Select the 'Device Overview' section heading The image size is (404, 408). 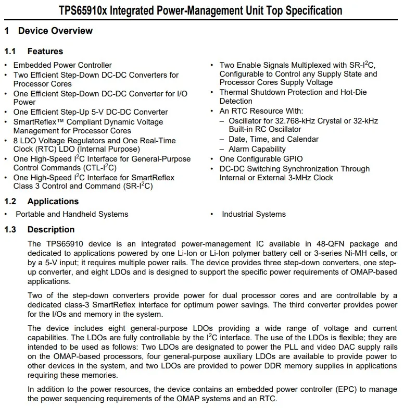coord(55,31)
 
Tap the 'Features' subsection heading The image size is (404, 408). coord(45,51)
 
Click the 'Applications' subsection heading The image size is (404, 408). coord(53,201)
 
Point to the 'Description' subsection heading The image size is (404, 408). coord(51,229)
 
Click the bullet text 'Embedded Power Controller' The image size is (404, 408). coord(62,65)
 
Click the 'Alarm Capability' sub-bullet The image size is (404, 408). coord(257,149)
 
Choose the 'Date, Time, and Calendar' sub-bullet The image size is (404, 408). coord(273,139)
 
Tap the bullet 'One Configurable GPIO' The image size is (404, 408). coord(261,159)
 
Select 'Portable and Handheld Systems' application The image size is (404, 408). coord(72,214)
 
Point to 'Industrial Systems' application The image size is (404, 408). coord(254,214)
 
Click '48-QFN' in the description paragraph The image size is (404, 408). coord(310,243)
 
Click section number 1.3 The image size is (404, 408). coord(10,229)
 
